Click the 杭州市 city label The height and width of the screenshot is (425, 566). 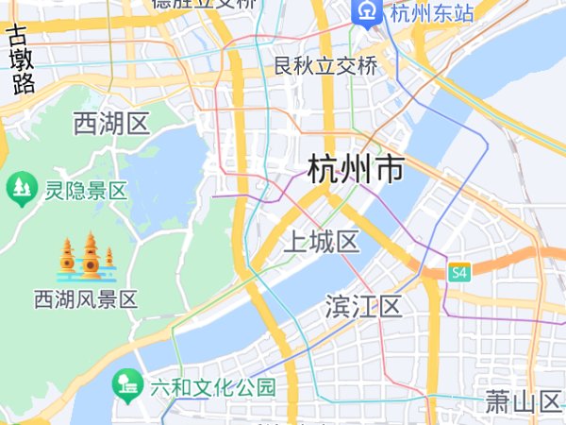point(356,171)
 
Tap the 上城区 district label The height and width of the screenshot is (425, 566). point(322,243)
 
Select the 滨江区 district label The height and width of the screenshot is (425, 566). point(364,307)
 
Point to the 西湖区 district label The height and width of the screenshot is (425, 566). point(111,123)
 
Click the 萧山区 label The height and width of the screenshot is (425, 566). point(524,402)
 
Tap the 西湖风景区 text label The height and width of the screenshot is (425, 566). point(86,300)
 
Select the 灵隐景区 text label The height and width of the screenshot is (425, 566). point(86,191)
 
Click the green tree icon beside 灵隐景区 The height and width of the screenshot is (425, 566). point(20,189)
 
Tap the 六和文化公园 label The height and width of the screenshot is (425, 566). point(212,387)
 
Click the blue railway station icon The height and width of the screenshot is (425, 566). point(365,12)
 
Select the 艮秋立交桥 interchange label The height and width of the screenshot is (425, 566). point(325,66)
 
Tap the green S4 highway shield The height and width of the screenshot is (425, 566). point(459,273)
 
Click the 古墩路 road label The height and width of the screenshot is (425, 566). point(20,60)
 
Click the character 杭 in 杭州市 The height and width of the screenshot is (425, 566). point(324,171)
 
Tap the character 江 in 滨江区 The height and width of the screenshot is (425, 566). point(364,307)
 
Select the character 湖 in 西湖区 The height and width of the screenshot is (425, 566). point(111,123)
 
